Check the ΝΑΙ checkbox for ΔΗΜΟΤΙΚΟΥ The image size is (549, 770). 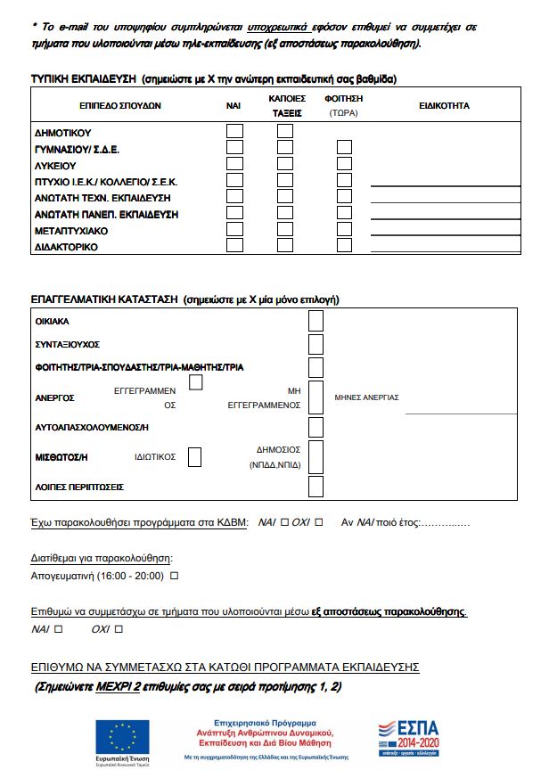pos(234,131)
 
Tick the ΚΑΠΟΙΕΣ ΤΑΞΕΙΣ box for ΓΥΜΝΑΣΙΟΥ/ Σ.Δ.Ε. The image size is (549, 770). pos(285,148)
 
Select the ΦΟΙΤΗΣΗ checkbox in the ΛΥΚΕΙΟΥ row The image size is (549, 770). pos(345,164)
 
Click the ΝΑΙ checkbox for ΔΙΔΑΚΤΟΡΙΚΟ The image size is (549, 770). pos(234,245)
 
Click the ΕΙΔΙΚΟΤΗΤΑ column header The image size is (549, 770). pos(444,106)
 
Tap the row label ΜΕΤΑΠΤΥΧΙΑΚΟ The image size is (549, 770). pos(71,230)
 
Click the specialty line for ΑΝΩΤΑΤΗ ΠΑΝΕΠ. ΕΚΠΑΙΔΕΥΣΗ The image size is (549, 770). pos(444,219)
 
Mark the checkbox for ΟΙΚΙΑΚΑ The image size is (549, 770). pos(315,321)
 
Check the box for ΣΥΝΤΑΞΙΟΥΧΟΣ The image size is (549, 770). pos(315,344)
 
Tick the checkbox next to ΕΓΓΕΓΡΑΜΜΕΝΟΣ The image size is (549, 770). pos(196,382)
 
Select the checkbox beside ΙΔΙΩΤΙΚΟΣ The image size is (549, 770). pos(194,457)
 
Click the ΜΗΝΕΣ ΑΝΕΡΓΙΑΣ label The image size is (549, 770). pos(366,397)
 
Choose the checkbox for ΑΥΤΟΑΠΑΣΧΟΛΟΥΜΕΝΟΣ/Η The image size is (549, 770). pos(315,427)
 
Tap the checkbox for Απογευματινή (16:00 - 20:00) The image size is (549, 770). pos(175,577)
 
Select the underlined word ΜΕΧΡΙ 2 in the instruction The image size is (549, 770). pos(119,687)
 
